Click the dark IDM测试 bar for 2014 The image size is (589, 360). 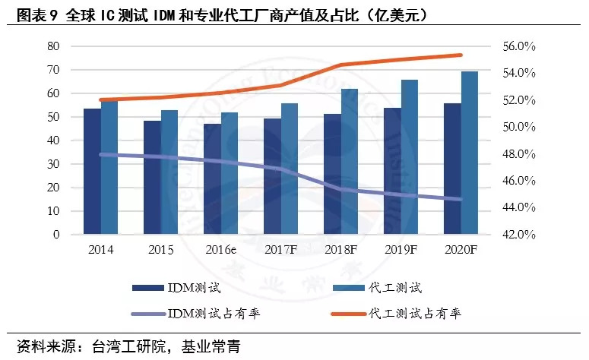92,172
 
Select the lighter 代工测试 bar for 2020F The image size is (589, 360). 470,153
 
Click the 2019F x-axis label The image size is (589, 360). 401,250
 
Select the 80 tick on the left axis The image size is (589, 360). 52,46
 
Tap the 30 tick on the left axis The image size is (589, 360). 52,164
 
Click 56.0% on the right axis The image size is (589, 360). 520,46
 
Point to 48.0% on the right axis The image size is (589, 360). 520,154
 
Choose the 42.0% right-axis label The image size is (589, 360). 520,235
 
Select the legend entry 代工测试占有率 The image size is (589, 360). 414,313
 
